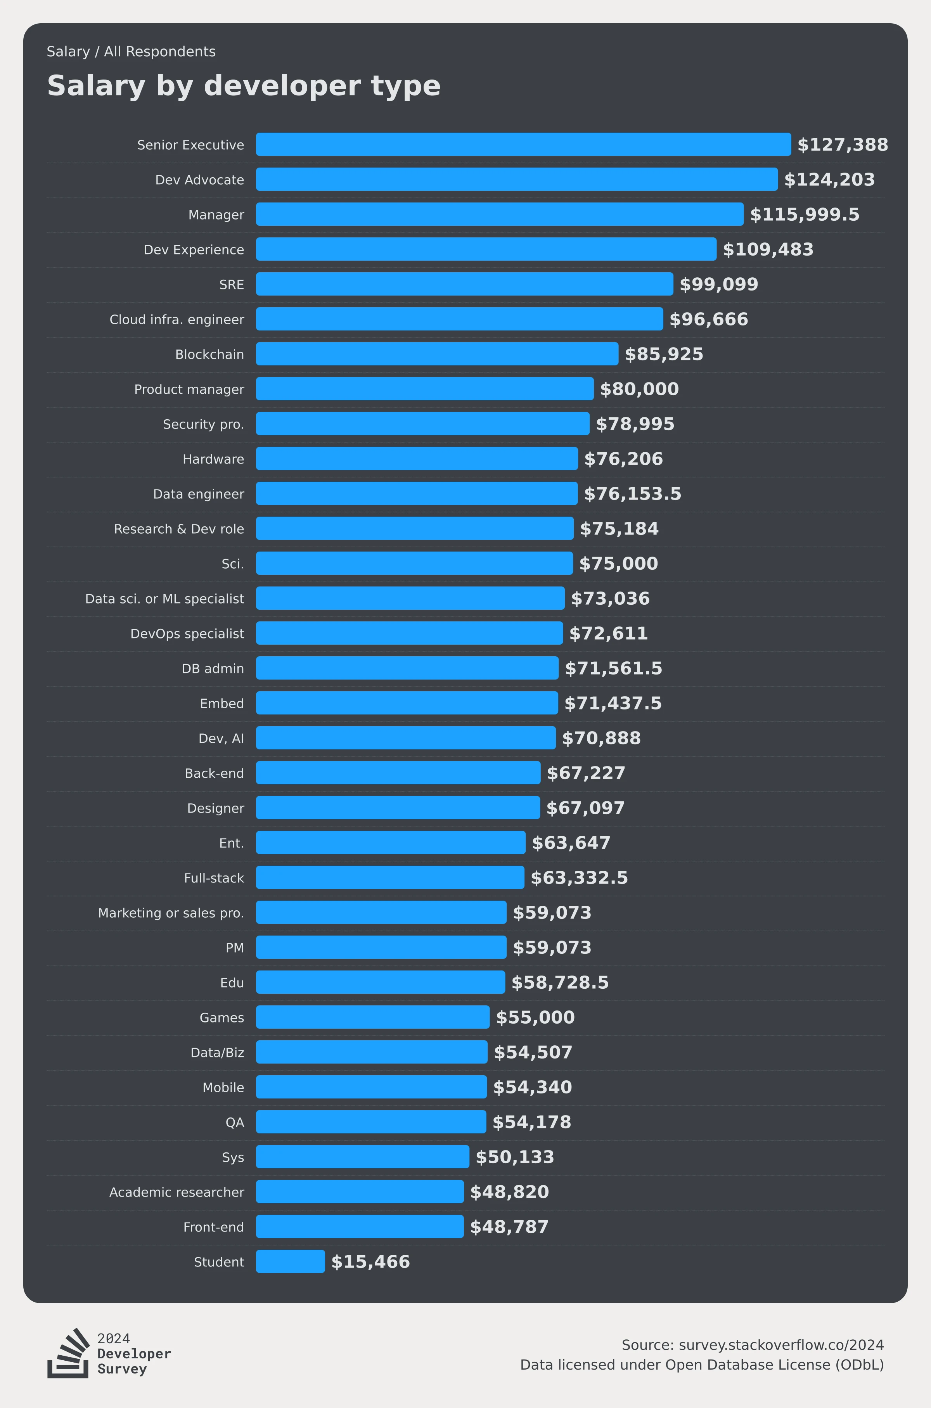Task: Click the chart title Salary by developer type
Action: [x=244, y=86]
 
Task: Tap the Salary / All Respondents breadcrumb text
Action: [x=131, y=52]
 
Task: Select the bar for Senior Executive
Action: [x=523, y=144]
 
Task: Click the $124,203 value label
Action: [x=829, y=179]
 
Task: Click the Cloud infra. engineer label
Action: [x=177, y=319]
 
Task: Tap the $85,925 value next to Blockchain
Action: [x=664, y=354]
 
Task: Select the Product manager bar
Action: [x=424, y=389]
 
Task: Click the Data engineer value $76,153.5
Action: [x=632, y=493]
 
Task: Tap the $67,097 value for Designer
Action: [x=585, y=808]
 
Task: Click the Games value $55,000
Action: [x=535, y=1017]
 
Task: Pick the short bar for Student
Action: [x=290, y=1261]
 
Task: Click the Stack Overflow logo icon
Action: [x=67, y=1353]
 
